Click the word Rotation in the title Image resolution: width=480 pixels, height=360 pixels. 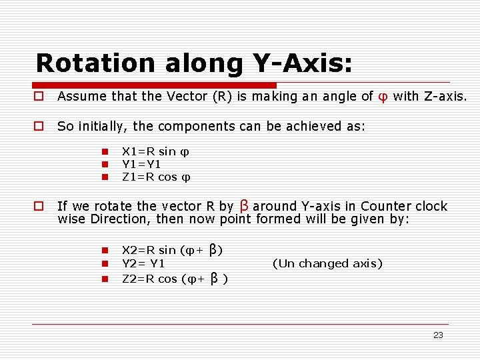pos(89,63)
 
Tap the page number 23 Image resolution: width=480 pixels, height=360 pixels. pos(438,335)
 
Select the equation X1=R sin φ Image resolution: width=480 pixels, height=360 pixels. pos(156,152)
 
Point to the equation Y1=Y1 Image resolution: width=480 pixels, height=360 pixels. pos(142,164)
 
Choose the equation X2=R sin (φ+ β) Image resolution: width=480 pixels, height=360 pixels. pos(172,250)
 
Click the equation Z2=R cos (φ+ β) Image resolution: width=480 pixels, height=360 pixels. pos(175,279)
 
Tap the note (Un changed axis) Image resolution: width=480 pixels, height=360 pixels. pos(327,263)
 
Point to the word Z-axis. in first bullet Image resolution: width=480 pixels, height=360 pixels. pos(445,97)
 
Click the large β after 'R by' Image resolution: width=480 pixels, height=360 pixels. pos(243,205)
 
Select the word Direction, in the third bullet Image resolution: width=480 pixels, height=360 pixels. pos(121,219)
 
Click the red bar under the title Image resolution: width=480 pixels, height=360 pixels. pos(156,85)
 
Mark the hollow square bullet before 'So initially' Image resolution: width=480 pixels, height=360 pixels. pos(40,126)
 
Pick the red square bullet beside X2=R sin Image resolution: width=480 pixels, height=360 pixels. pos(105,251)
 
